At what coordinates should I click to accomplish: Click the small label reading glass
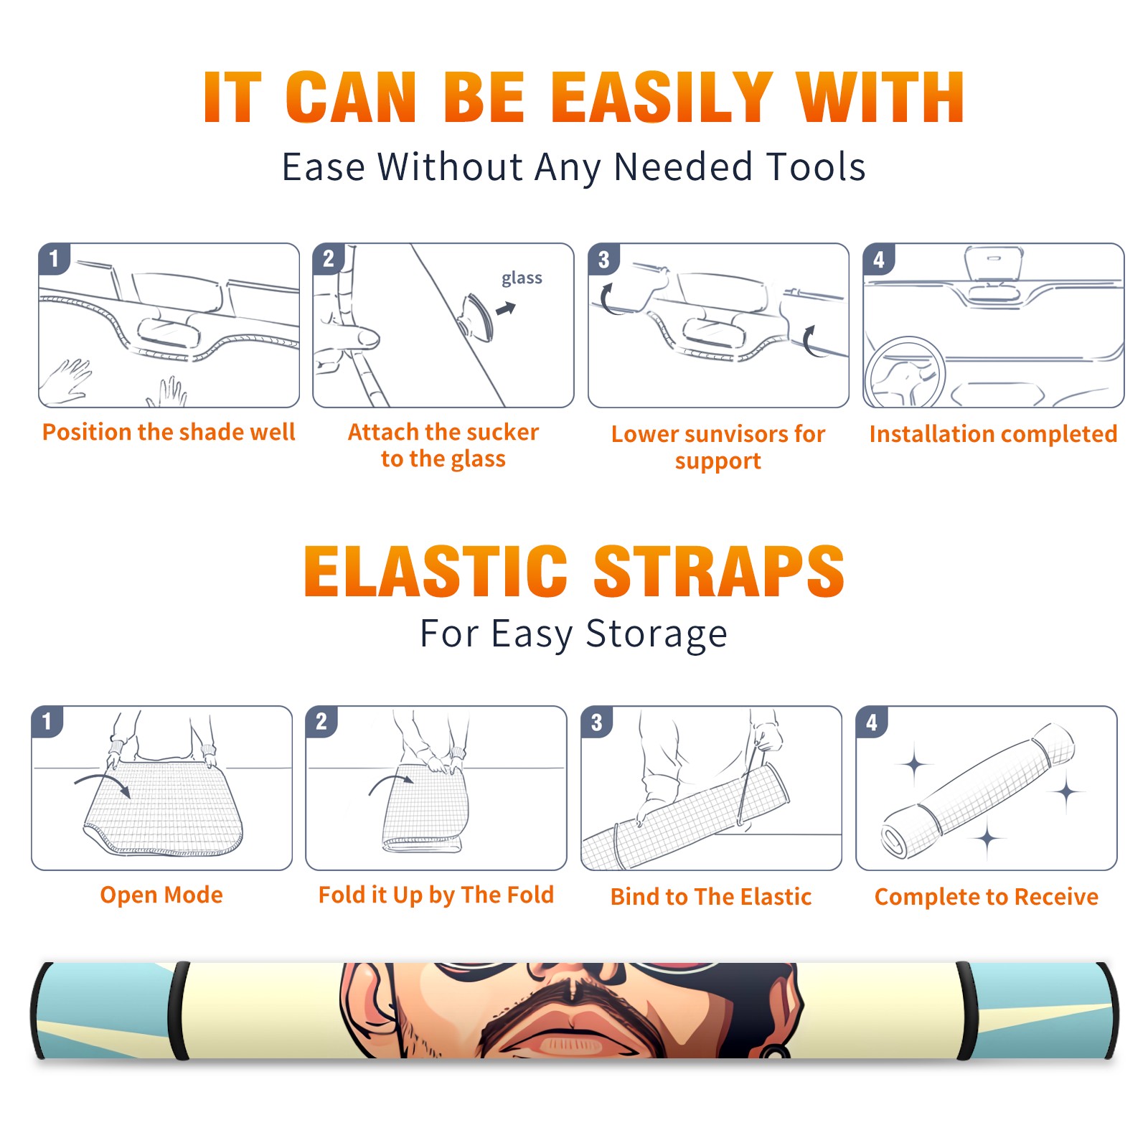coord(522,278)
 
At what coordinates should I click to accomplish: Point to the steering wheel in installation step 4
coord(905,372)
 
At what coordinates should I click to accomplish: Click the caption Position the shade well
coord(169,432)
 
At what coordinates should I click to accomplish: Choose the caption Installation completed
coord(993,433)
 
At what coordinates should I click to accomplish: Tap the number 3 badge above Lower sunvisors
coord(603,259)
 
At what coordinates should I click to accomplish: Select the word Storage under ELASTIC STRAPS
coord(657,634)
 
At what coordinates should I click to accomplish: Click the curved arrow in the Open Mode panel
coord(103,784)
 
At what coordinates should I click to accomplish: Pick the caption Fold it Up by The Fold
coord(436,895)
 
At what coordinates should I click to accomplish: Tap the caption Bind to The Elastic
coord(711,896)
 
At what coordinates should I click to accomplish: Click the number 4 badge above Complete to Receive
coord(872,721)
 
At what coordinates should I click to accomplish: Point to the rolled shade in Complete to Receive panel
coord(978,791)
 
